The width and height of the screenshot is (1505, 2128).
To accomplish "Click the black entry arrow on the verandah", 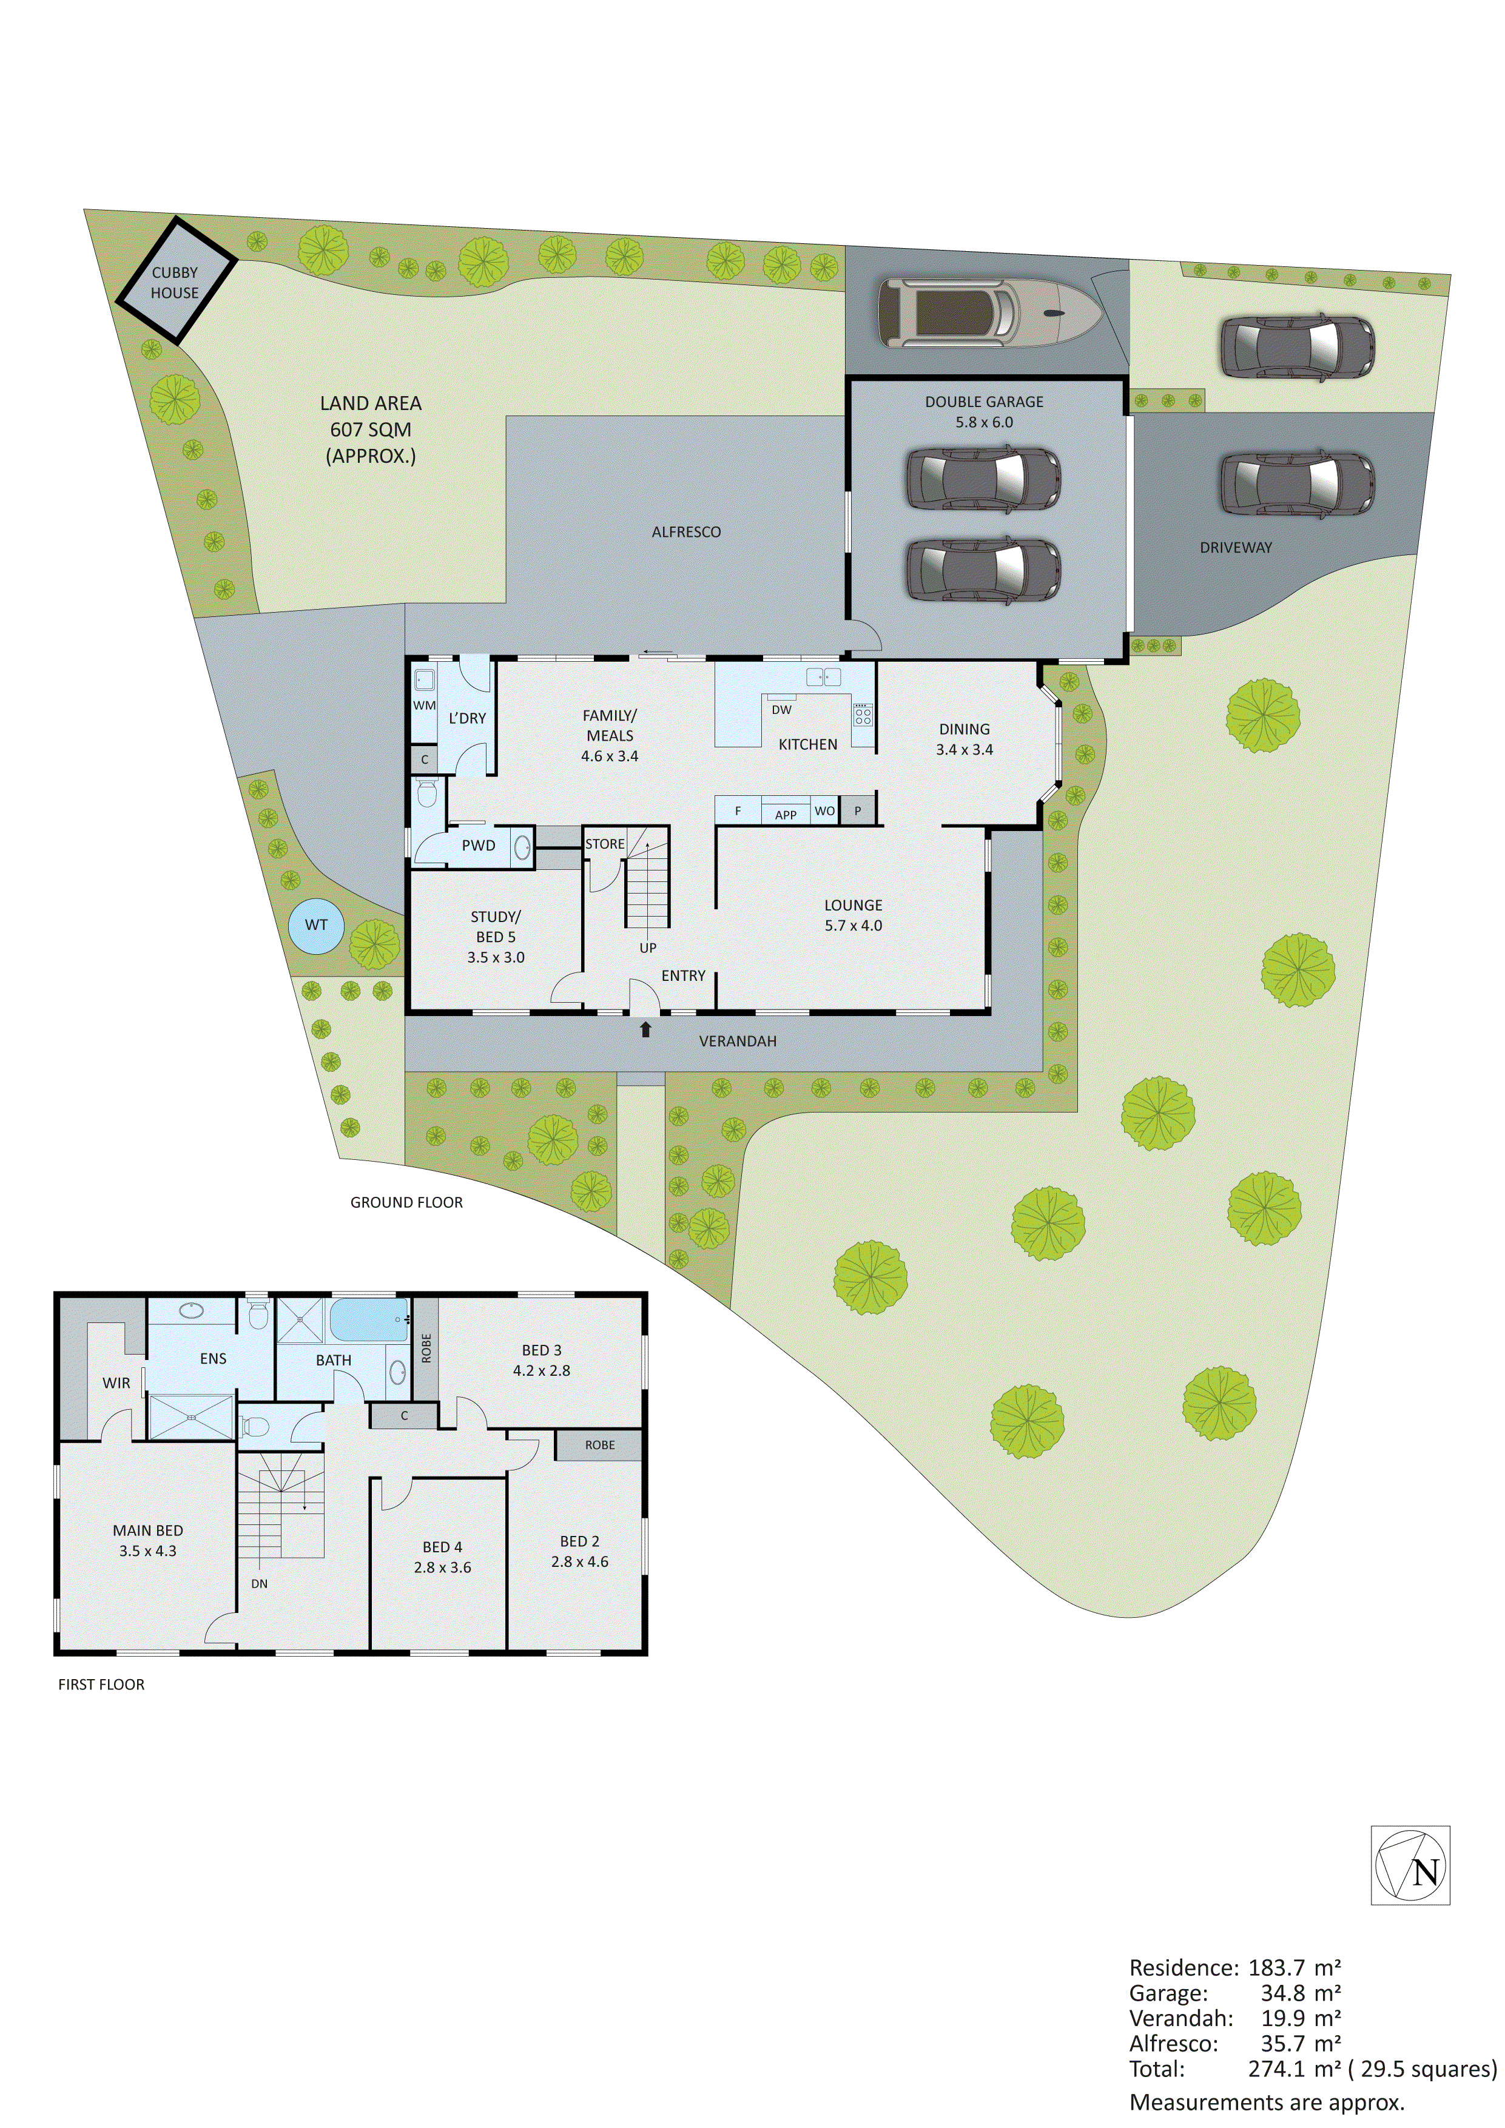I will [x=646, y=1029].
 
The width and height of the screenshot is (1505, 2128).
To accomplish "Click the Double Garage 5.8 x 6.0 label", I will [x=983, y=411].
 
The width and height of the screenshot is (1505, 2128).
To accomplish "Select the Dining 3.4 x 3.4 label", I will [x=964, y=739].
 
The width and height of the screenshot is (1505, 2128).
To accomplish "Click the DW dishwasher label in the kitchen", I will [x=781, y=710].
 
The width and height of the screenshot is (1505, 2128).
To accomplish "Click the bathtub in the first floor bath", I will [x=369, y=1319].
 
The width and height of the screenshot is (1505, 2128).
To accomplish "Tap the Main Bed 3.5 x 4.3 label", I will [x=147, y=1540].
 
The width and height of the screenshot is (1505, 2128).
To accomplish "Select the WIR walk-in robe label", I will [x=116, y=1383].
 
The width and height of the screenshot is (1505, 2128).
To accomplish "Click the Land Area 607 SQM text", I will [x=371, y=429].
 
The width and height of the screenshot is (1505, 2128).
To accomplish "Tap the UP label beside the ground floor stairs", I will [x=648, y=948].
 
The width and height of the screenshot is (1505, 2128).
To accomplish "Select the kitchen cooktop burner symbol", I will [x=863, y=715].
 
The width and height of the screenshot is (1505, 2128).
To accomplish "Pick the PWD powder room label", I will [x=478, y=845].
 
